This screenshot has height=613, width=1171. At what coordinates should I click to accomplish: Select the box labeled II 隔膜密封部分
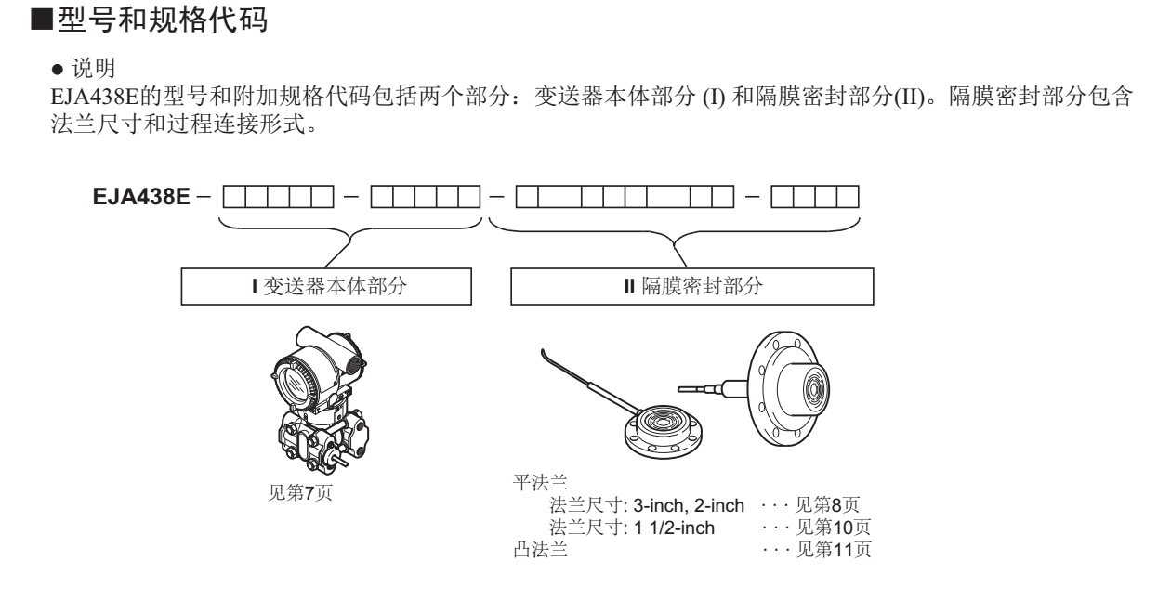692,288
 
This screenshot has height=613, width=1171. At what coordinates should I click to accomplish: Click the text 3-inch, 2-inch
689,504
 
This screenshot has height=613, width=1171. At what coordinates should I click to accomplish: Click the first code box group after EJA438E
280,198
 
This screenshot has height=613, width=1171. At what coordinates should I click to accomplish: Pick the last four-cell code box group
814,198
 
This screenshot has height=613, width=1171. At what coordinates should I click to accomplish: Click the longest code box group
625,198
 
